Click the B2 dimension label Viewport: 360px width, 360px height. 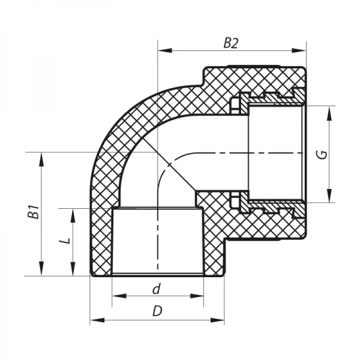coord(231,43)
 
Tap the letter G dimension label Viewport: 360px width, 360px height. coord(322,154)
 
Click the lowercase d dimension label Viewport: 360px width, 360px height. coord(157,289)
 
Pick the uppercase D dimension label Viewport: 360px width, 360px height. coord(157,311)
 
